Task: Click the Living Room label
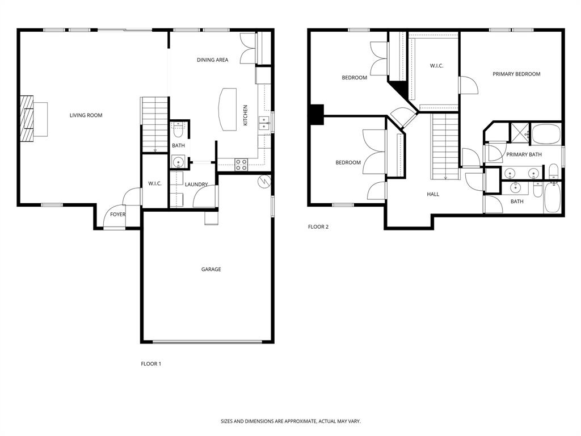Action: (x=86, y=115)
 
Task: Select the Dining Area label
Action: (x=213, y=60)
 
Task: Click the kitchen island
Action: (x=228, y=109)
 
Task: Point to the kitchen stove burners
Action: (x=241, y=165)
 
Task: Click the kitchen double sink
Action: (x=264, y=123)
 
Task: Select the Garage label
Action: (x=211, y=269)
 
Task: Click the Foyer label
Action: (x=118, y=215)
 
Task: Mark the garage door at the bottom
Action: (x=208, y=342)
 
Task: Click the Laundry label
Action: (x=196, y=185)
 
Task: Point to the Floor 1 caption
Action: (x=151, y=364)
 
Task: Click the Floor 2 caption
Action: (x=318, y=227)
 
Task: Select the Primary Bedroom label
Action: (x=516, y=74)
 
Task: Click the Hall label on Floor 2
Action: (x=433, y=194)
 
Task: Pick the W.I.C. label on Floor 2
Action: (x=436, y=66)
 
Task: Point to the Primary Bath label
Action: (x=524, y=154)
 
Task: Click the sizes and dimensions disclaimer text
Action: (x=290, y=421)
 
